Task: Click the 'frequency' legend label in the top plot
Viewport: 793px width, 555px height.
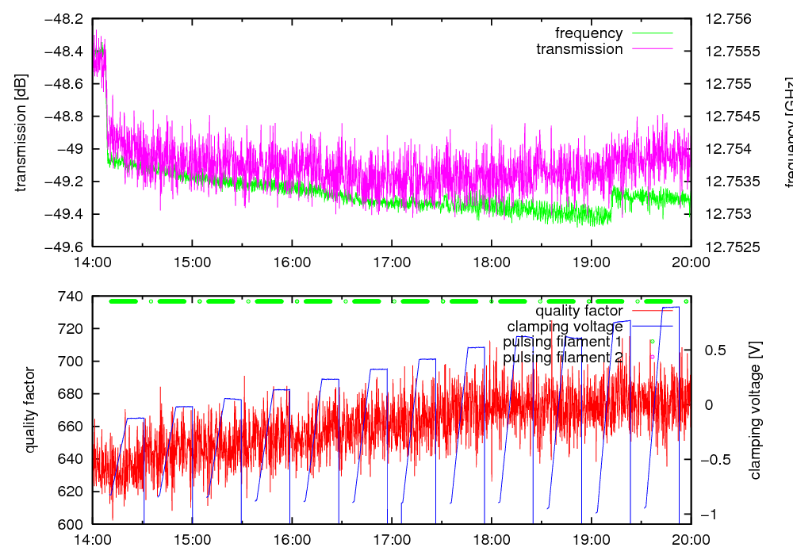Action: [588, 33]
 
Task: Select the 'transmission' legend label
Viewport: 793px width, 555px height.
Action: [580, 49]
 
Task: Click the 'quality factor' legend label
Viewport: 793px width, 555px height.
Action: [579, 311]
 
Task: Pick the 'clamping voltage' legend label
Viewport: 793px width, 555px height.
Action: [565, 326]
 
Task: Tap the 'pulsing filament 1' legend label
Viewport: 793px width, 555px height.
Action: [562, 342]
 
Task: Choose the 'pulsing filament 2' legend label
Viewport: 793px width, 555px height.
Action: [562, 358]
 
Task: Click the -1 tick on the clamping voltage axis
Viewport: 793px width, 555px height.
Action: [714, 515]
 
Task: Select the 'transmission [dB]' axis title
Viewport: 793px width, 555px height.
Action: [21, 132]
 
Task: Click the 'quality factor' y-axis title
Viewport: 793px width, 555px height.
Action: [31, 410]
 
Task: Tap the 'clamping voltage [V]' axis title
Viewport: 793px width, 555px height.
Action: [755, 410]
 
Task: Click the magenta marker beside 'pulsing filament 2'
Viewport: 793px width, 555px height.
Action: [652, 358]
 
